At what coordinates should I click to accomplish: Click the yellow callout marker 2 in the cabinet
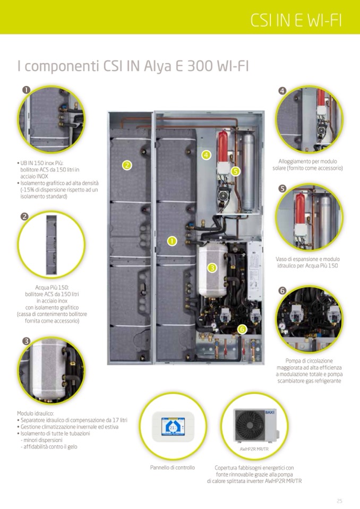127,165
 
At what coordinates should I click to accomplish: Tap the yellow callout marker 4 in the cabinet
206,155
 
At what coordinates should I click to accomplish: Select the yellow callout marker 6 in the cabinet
242,329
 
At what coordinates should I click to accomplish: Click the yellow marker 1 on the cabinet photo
172,241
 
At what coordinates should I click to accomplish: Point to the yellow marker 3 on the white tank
212,268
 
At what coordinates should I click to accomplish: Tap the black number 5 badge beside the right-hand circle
282,188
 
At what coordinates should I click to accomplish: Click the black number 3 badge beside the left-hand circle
27,341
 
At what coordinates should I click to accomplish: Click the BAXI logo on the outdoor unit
270,412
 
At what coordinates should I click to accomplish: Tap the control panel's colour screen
173,427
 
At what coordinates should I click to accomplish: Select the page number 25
339,501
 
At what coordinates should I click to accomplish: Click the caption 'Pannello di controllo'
173,468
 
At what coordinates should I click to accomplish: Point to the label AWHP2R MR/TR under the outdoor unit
254,449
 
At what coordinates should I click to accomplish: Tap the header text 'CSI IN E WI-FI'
296,21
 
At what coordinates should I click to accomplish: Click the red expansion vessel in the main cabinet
222,146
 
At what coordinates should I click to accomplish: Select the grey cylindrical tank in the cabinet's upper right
248,171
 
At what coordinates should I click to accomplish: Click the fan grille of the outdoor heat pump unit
250,425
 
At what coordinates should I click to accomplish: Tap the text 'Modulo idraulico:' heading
36,413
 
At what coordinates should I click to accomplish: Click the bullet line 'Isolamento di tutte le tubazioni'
55,433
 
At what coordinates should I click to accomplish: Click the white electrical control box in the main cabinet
254,271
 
